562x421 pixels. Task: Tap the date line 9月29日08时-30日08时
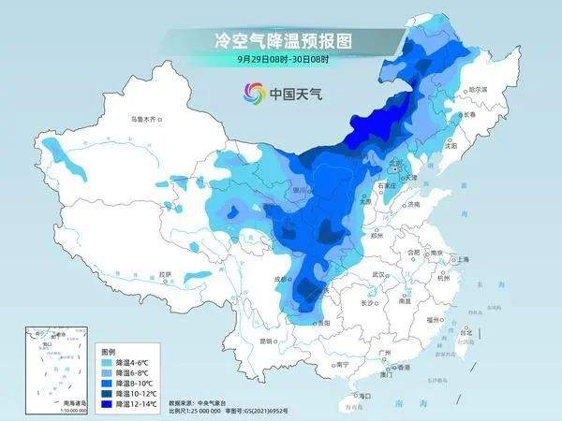tap(281, 58)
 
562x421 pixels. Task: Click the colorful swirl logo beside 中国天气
tap(254, 93)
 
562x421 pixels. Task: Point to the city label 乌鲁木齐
tap(147, 119)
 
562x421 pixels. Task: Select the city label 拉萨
tap(166, 273)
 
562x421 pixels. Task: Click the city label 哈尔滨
tap(479, 88)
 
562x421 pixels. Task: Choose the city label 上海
tap(459, 259)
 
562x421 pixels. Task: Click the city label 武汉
tap(378, 273)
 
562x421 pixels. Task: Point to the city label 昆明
tap(270, 340)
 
